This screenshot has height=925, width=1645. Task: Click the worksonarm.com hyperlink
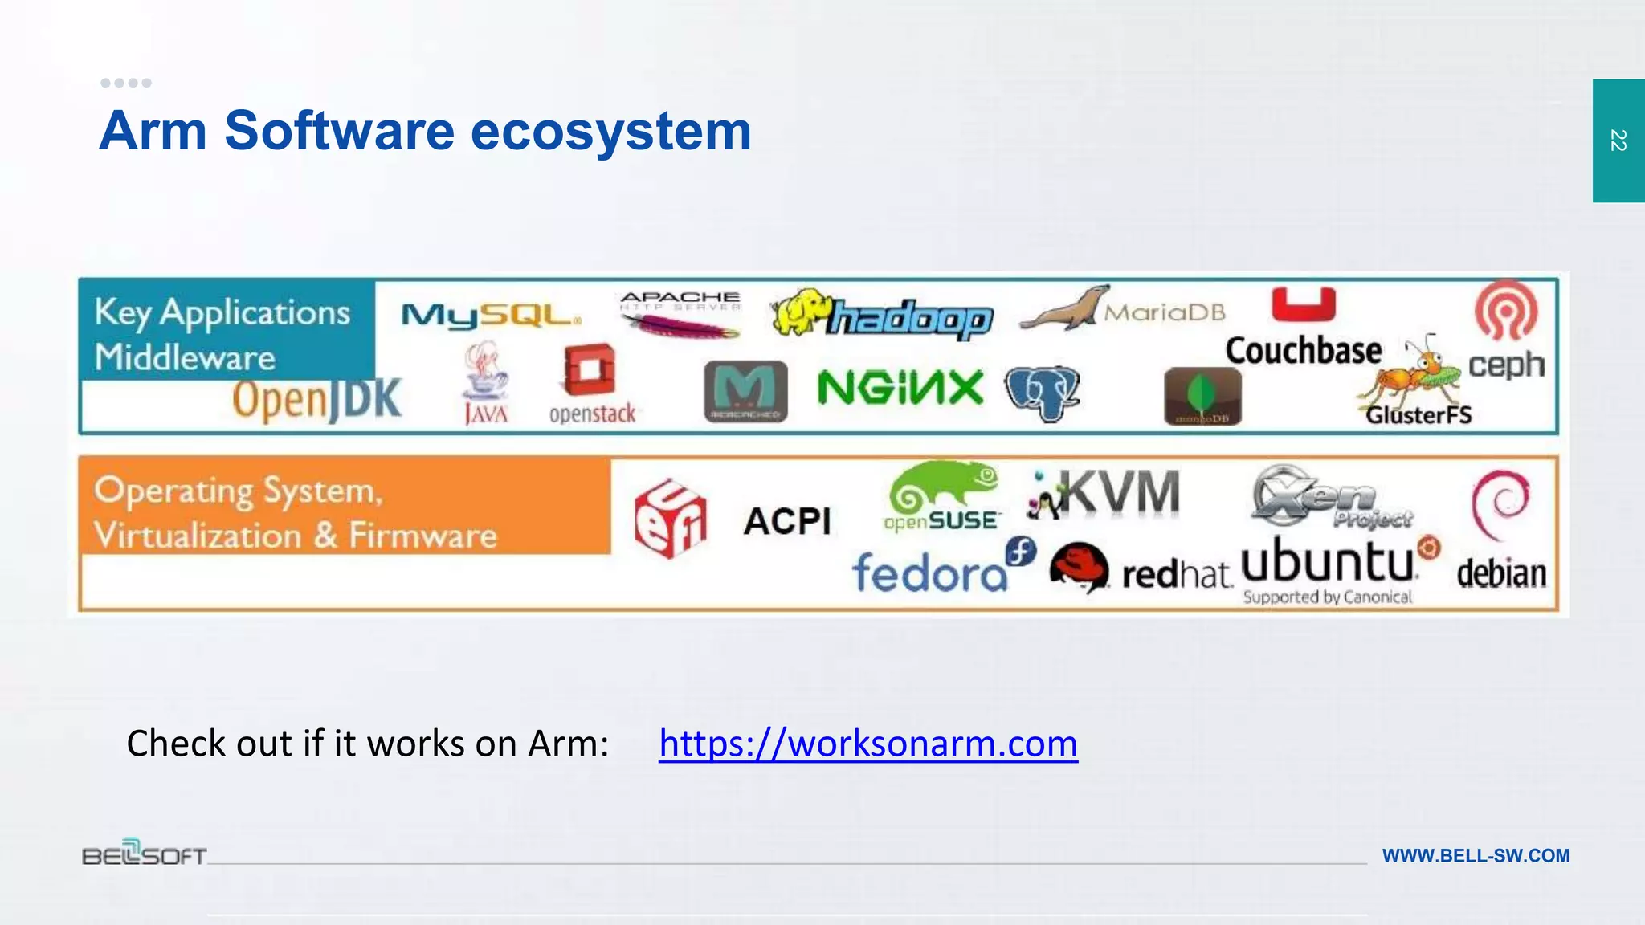click(x=867, y=744)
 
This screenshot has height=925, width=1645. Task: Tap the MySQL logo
click(x=490, y=316)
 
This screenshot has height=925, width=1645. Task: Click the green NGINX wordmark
click(x=900, y=389)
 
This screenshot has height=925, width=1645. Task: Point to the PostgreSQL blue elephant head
click(x=1042, y=393)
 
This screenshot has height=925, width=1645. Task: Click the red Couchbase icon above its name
click(x=1304, y=305)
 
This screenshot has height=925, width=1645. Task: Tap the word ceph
click(x=1506, y=365)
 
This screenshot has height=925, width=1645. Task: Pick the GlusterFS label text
click(x=1419, y=415)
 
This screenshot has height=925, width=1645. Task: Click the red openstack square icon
click(x=590, y=370)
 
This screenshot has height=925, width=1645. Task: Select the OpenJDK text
click(x=316, y=400)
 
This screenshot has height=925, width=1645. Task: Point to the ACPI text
click(x=787, y=522)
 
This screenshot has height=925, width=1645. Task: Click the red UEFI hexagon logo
click(x=671, y=519)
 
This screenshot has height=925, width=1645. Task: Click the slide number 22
click(x=1618, y=141)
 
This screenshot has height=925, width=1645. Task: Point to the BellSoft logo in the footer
click(x=145, y=853)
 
